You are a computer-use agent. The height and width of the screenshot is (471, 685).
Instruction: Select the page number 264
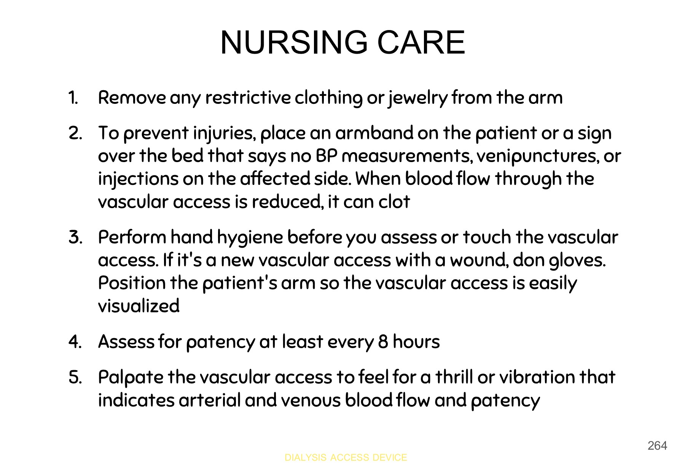pyautogui.click(x=657, y=446)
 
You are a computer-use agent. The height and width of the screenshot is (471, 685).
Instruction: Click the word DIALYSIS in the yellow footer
pyautogui.click(x=305, y=457)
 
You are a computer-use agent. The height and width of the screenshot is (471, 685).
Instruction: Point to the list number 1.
pyautogui.click(x=73, y=98)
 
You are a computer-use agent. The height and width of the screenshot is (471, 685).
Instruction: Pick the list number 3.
pyautogui.click(x=75, y=237)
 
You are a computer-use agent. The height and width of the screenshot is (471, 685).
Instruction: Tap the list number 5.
pyautogui.click(x=75, y=377)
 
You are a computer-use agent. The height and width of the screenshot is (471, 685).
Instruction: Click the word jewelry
pyautogui.click(x=417, y=98)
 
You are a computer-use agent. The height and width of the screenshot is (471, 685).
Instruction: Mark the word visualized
pyautogui.click(x=139, y=306)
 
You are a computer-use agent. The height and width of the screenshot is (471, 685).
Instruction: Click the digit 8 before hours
pyautogui.click(x=383, y=342)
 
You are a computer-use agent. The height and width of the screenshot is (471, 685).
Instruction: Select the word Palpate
pyautogui.click(x=131, y=378)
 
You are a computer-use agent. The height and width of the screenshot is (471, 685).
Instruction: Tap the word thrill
pyautogui.click(x=454, y=377)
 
